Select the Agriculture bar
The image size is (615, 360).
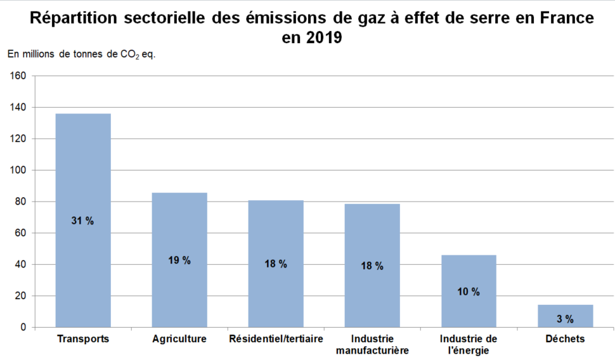point(179,228)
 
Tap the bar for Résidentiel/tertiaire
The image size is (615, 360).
point(276,235)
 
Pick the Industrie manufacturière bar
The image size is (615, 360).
point(372,235)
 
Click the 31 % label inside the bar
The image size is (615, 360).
point(83,221)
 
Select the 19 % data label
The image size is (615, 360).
point(179,260)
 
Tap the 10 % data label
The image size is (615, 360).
point(469,292)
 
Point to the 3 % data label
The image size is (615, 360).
point(565,319)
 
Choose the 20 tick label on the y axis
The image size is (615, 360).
point(20,296)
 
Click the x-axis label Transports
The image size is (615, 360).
point(83,339)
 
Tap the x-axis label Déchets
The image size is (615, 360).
point(565,339)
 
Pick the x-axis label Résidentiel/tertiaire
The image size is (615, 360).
point(276,339)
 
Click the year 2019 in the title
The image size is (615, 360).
point(324,38)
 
